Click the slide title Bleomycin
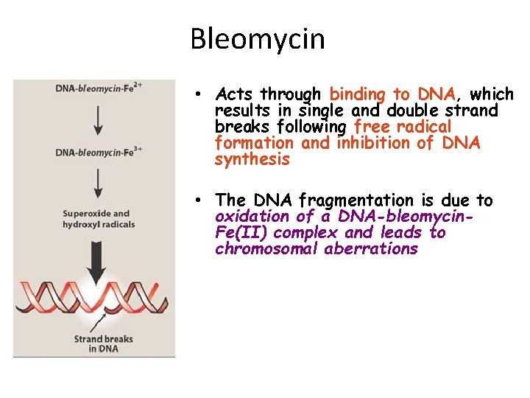tap(257, 38)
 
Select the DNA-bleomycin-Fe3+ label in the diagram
tap(99, 153)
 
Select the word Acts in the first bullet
tap(236, 94)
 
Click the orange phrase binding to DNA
tap(393, 94)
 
